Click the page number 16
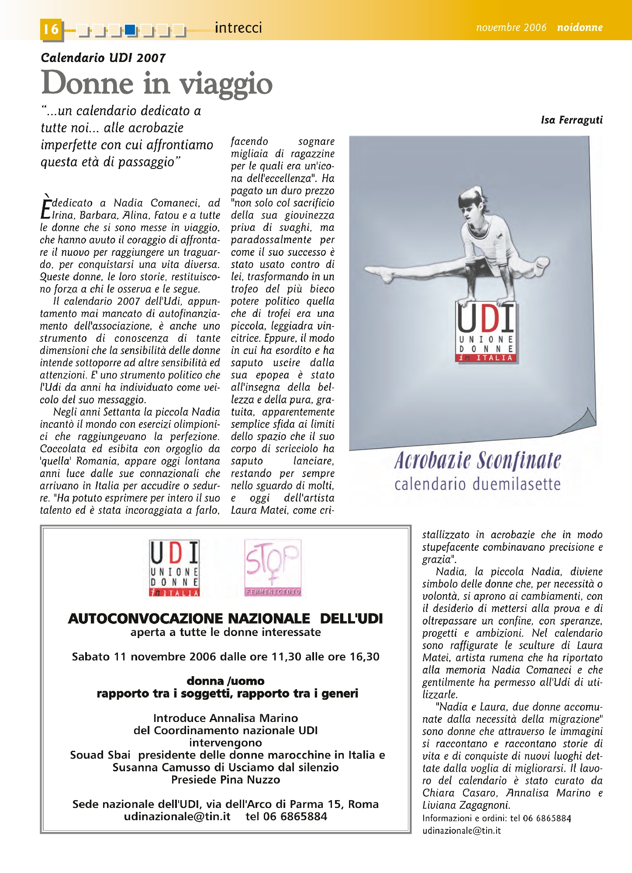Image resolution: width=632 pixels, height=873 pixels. [x=51, y=29]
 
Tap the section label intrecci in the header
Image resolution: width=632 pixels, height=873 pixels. [x=238, y=28]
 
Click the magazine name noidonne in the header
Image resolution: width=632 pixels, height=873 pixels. [x=580, y=27]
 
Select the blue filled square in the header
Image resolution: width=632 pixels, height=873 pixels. [x=130, y=30]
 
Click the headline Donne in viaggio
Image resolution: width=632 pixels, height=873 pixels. [x=157, y=83]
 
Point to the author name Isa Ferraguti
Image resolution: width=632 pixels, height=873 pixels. [x=571, y=120]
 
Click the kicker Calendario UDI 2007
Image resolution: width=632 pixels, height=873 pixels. [x=103, y=58]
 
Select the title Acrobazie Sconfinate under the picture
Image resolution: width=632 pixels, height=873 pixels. [x=477, y=461]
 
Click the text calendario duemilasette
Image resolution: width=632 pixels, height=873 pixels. [x=477, y=485]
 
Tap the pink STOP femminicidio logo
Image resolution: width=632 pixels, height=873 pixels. [x=273, y=568]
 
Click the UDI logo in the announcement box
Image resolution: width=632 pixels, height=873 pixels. [x=174, y=568]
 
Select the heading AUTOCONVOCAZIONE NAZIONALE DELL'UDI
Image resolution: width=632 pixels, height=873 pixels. [x=225, y=619]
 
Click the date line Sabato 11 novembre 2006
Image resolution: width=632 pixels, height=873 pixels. [x=225, y=656]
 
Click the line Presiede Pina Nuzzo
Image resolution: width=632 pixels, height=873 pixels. [x=225, y=780]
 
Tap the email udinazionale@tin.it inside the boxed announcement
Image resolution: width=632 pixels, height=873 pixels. [x=177, y=816]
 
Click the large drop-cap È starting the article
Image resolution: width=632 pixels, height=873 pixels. [x=45, y=207]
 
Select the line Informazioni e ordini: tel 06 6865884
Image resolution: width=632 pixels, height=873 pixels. [x=497, y=818]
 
